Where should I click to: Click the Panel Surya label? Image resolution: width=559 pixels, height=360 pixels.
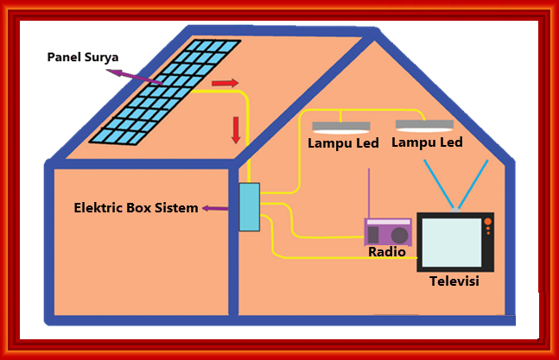coord(82,59)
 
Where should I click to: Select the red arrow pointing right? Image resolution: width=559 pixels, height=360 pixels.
coord(224,84)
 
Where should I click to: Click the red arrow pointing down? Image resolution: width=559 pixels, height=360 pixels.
coord(234,129)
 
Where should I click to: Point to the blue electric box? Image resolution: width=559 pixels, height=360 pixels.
coord(249,207)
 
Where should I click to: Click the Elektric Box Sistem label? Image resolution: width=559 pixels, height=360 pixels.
coord(136,208)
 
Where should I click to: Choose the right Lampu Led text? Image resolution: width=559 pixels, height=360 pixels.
coord(427,142)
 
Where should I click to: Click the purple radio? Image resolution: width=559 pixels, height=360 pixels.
coord(388,232)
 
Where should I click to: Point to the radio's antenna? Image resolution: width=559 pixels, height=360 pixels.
coord(369,193)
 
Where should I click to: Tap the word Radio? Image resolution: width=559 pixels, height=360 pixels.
coord(387,252)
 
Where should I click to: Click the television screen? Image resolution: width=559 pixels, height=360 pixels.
coord(450,242)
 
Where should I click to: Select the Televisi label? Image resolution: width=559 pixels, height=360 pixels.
coord(454,281)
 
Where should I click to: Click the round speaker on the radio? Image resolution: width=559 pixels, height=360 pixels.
coord(399,234)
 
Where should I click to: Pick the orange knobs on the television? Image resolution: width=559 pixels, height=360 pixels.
coord(487,227)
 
